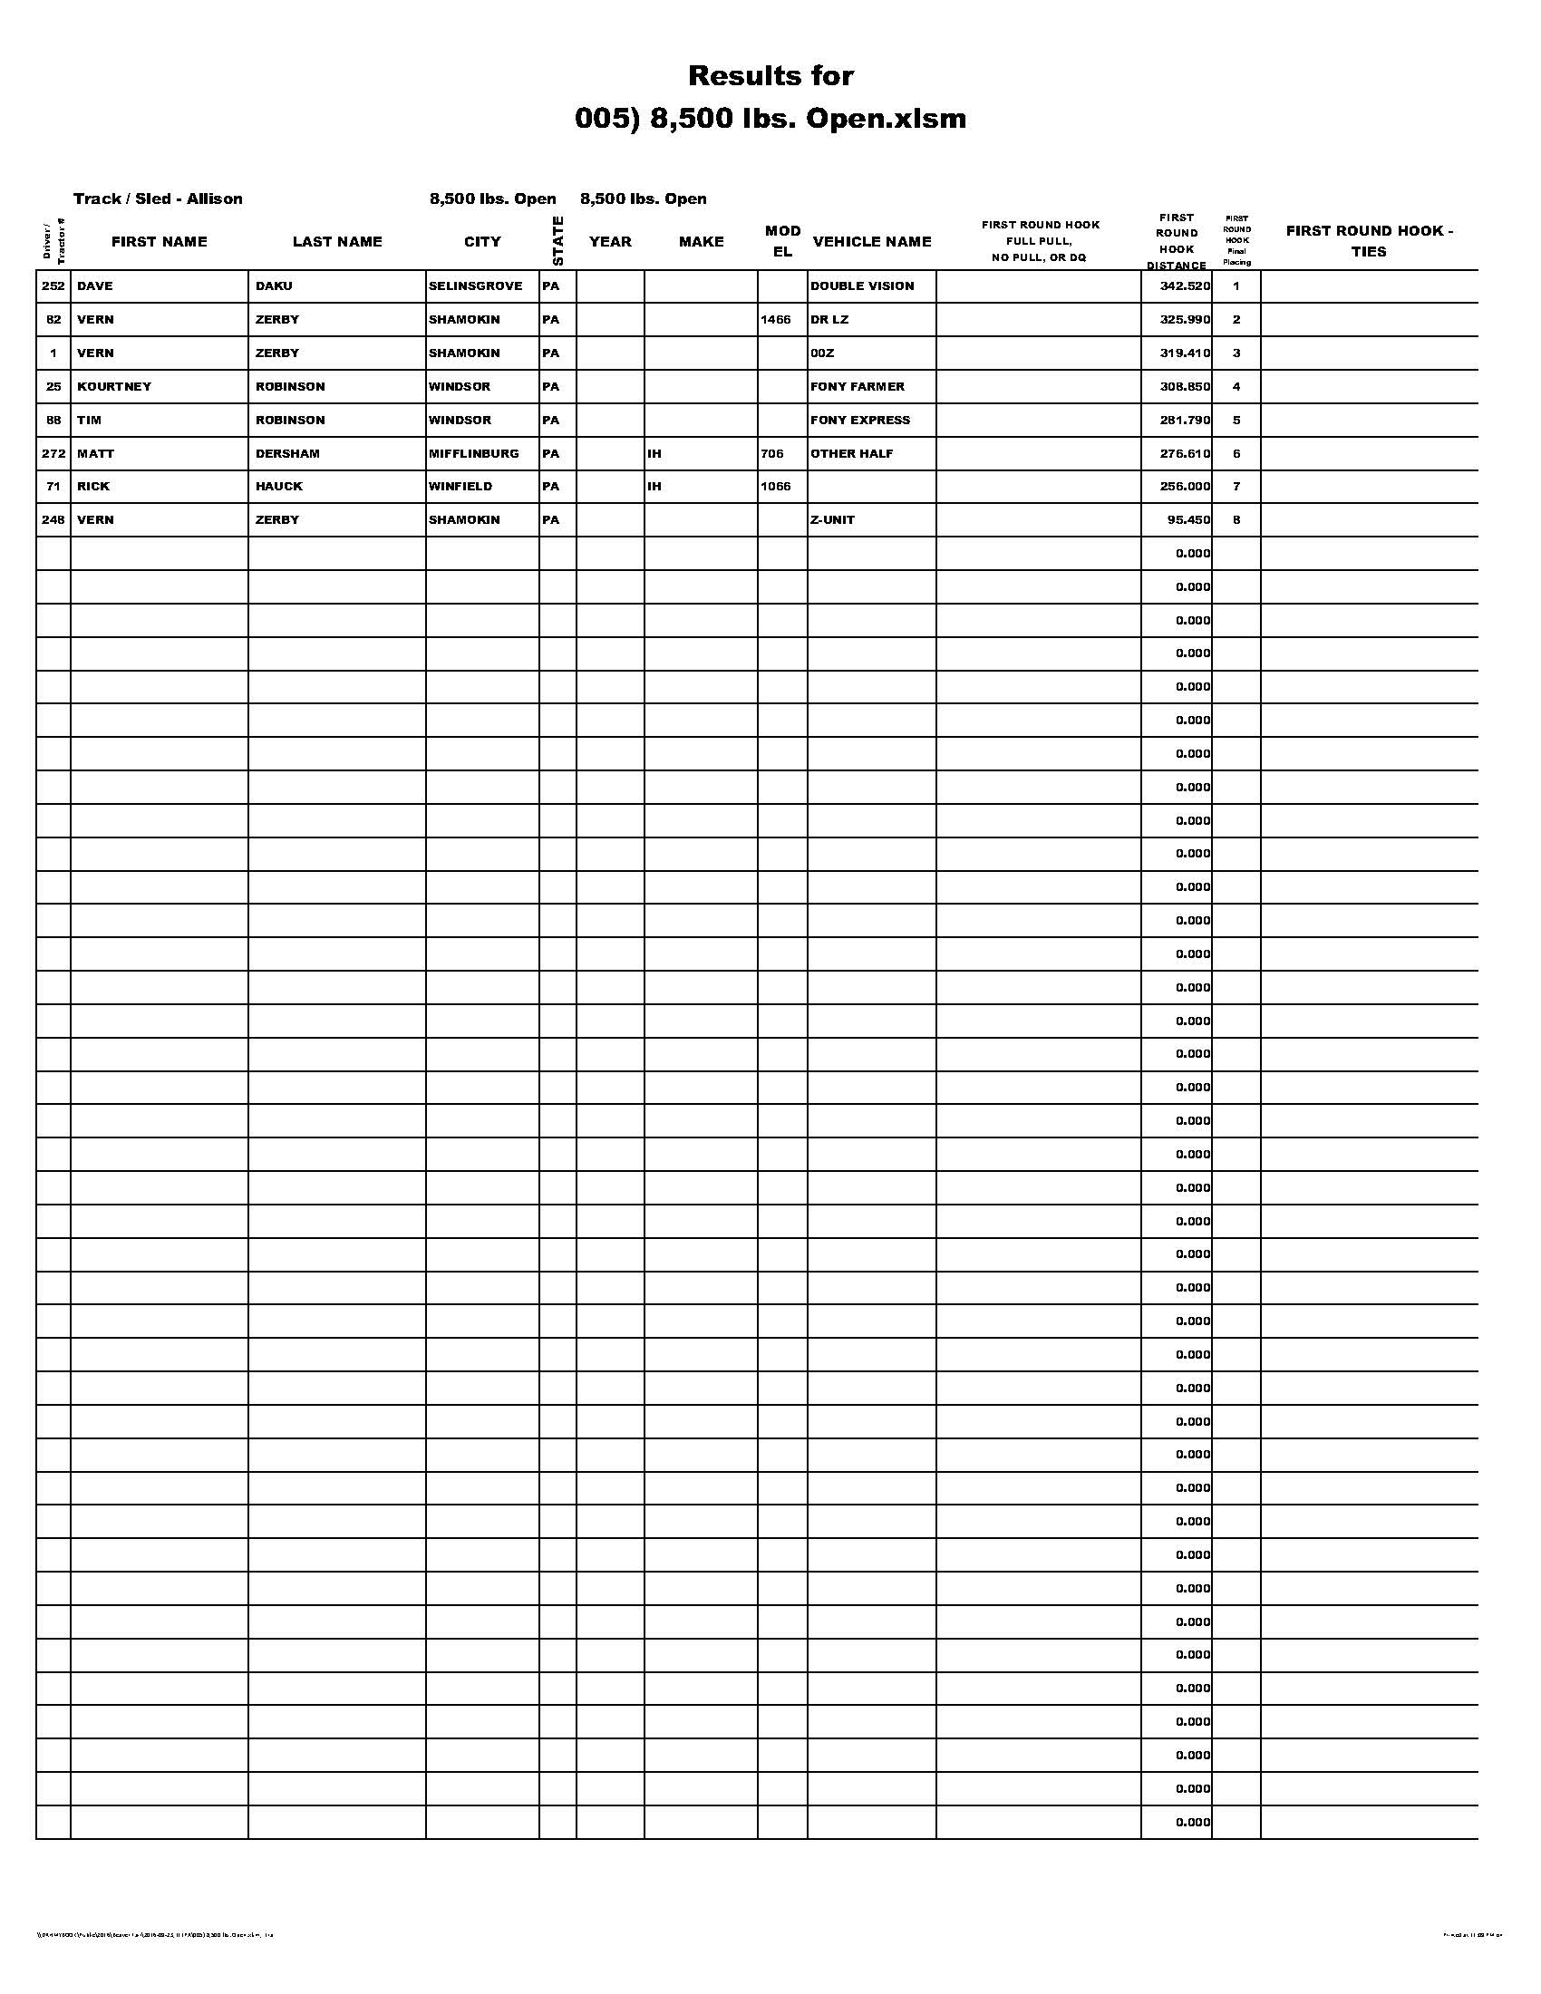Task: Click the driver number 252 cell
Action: pyautogui.click(x=53, y=286)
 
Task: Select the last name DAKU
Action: pyautogui.click(x=274, y=286)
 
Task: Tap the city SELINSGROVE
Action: pyautogui.click(x=476, y=286)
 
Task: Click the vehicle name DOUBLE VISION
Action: pyautogui.click(x=862, y=286)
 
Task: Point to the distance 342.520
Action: pyautogui.click(x=1185, y=286)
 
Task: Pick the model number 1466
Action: pyautogui.click(x=775, y=320)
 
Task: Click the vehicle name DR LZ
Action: pyautogui.click(x=829, y=320)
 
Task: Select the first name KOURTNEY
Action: pyautogui.click(x=114, y=386)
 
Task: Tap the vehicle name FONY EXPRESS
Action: pyautogui.click(x=860, y=420)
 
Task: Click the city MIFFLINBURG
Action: pyautogui.click(x=474, y=454)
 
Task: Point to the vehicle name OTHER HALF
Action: pyautogui.click(x=852, y=454)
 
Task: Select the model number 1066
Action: pyautogui.click(x=775, y=487)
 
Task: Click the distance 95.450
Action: pyautogui.click(x=1188, y=519)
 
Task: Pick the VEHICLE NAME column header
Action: pyautogui.click(x=872, y=241)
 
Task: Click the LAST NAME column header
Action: pyautogui.click(x=337, y=241)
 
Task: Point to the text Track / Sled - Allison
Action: pyautogui.click(x=158, y=198)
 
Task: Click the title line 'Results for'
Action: pyautogui.click(x=770, y=75)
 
